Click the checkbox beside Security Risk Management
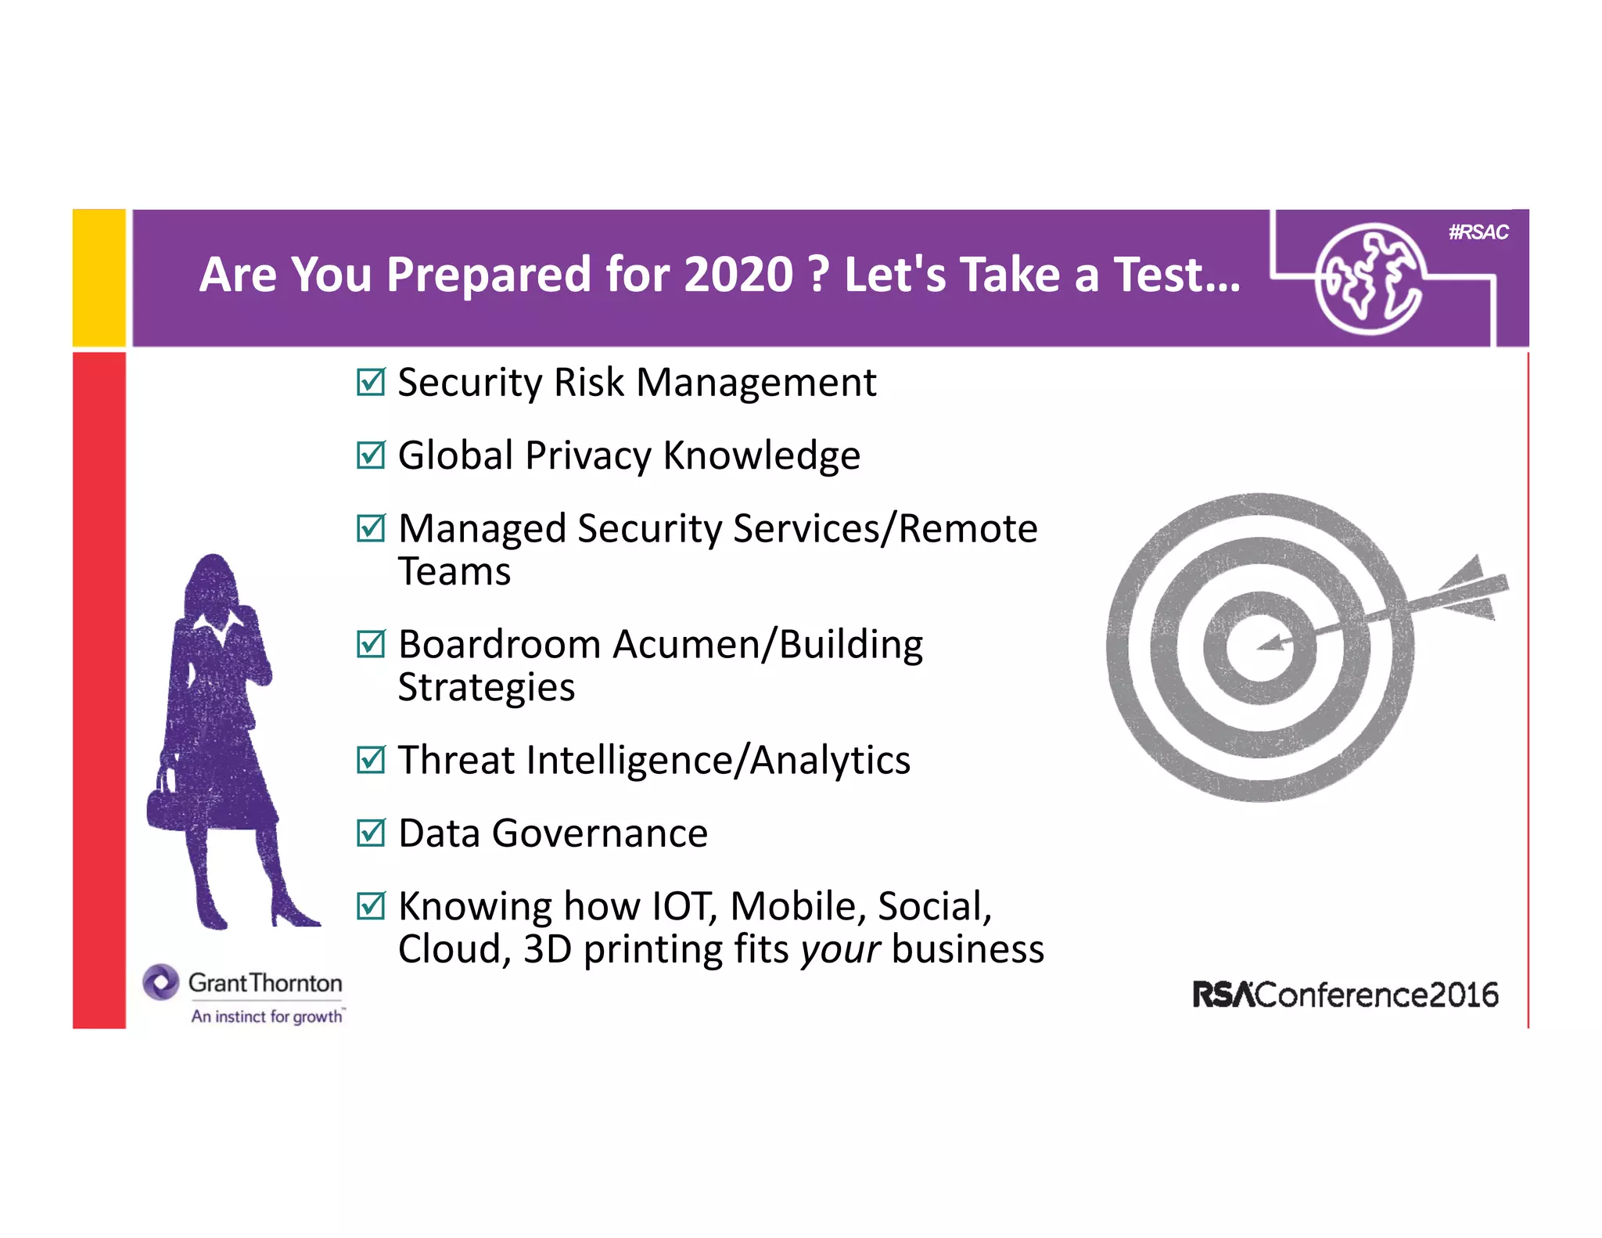point(371,383)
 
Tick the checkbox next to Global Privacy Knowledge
point(371,455)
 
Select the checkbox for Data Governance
point(371,833)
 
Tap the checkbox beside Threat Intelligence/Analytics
point(371,760)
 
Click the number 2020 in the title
point(738,275)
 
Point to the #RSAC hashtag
point(1478,232)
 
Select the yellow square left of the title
point(99,278)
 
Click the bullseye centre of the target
point(1259,647)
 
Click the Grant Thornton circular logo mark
point(161,982)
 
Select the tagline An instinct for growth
point(267,1017)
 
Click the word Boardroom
point(499,645)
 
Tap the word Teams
point(454,571)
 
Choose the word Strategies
point(487,688)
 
